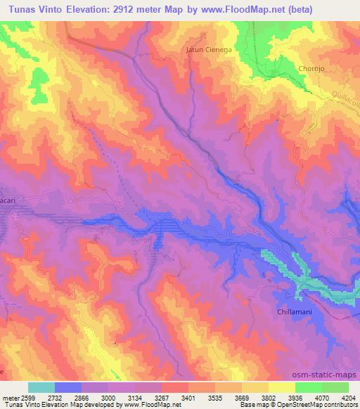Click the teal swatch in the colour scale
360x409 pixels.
[x=41, y=387]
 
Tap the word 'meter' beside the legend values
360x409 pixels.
[x=10, y=397]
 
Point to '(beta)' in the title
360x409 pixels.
[x=300, y=9]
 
